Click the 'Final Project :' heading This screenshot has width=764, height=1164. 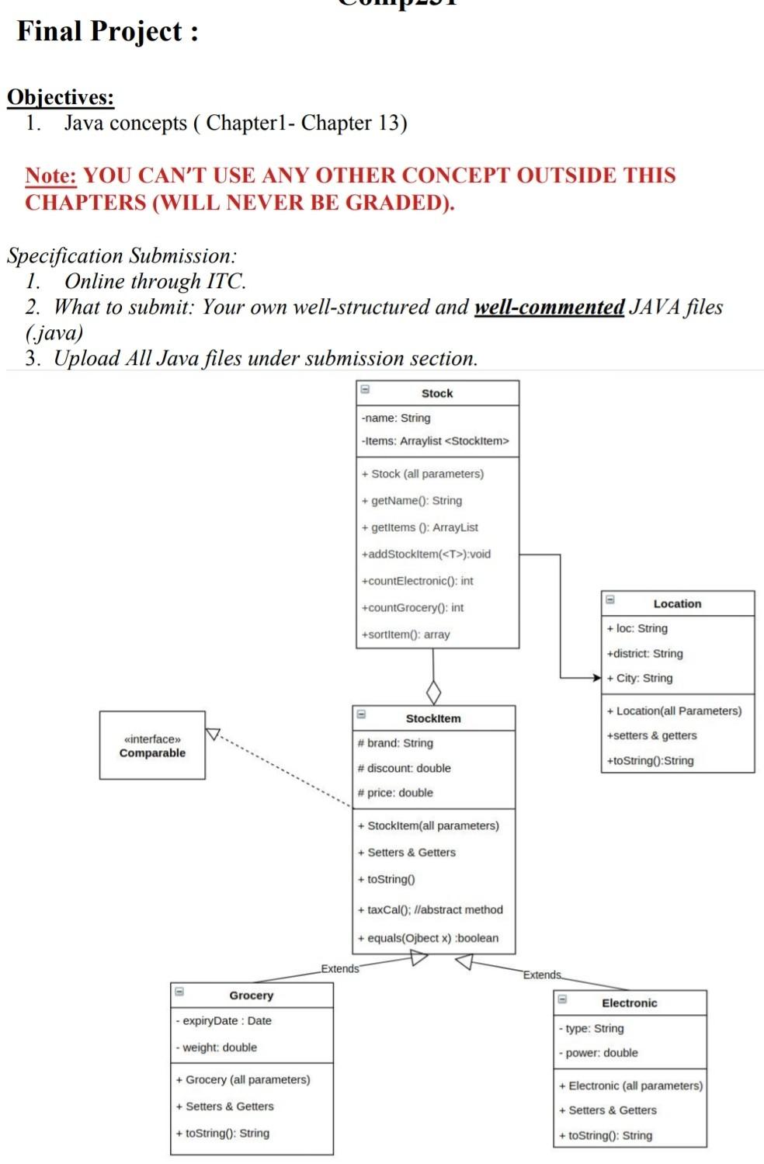pyautogui.click(x=107, y=32)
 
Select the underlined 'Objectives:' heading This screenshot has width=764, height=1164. pyautogui.click(x=61, y=97)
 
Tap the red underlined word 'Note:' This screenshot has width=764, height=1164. pyautogui.click(x=50, y=175)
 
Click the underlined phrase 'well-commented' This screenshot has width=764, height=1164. pyautogui.click(x=549, y=308)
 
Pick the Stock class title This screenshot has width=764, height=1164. pyautogui.click(x=437, y=394)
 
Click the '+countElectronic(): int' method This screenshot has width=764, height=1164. pyautogui.click(x=417, y=581)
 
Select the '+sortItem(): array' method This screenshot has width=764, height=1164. pyautogui.click(x=405, y=634)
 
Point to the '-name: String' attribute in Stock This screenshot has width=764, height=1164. pyautogui.click(x=396, y=418)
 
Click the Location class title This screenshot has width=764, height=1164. pyautogui.click(x=677, y=604)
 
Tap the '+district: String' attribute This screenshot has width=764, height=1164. pyautogui.click(x=644, y=654)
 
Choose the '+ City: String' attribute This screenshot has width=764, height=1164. pyautogui.click(x=640, y=678)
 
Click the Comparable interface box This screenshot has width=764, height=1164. pyautogui.click(x=152, y=745)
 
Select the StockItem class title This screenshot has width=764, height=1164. pyautogui.click(x=433, y=719)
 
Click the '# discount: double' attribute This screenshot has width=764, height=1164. pyautogui.click(x=404, y=768)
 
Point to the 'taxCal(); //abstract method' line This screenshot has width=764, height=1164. pyautogui.click(x=430, y=910)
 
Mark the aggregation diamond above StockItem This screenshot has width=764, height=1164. pyautogui.click(x=433, y=692)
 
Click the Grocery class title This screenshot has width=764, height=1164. pyautogui.click(x=251, y=995)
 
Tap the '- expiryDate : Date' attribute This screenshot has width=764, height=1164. pyautogui.click(x=224, y=1021)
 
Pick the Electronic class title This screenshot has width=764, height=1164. pyautogui.click(x=629, y=1003)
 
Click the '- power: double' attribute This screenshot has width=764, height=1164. pyautogui.click(x=598, y=1053)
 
